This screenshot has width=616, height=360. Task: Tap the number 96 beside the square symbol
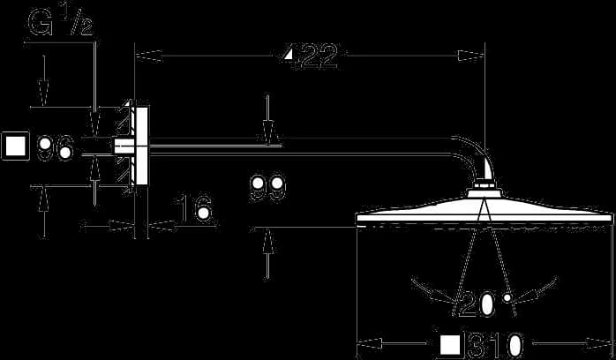click(56, 147)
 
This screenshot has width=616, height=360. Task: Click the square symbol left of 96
click(16, 146)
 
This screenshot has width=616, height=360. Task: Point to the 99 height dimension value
click(268, 189)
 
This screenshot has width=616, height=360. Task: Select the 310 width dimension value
click(495, 346)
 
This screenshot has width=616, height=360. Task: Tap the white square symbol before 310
click(450, 345)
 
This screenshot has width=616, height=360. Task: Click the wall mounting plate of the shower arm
click(141, 146)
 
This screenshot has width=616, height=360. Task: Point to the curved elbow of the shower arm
click(472, 156)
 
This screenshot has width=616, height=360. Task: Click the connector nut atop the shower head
click(485, 184)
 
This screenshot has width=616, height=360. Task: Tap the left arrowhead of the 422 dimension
click(148, 56)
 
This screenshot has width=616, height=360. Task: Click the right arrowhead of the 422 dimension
click(471, 56)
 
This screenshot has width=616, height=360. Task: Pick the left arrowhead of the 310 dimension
click(370, 344)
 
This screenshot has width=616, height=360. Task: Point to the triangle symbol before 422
click(289, 54)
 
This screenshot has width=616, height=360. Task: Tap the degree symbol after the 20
click(507, 297)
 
